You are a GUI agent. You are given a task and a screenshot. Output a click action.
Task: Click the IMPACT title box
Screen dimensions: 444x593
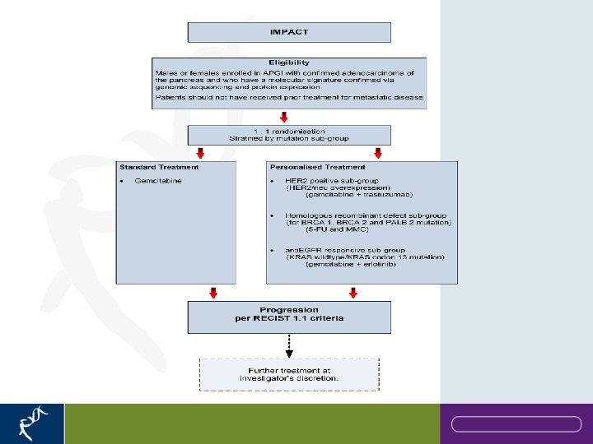pyautogui.click(x=289, y=32)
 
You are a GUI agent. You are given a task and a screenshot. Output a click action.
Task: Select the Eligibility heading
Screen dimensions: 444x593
pyautogui.click(x=289, y=62)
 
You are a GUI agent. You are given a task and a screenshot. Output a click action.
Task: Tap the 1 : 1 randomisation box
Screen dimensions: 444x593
pyautogui.click(x=289, y=136)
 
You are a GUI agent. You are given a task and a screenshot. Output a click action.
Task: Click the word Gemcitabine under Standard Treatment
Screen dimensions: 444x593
pyautogui.click(x=158, y=180)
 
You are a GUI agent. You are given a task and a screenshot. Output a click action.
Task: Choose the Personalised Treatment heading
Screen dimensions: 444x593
pyautogui.click(x=317, y=167)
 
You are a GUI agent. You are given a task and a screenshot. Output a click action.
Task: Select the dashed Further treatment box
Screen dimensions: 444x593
pyautogui.click(x=289, y=374)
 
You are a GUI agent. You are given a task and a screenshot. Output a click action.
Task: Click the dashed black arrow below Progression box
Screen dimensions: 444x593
pyautogui.click(x=289, y=342)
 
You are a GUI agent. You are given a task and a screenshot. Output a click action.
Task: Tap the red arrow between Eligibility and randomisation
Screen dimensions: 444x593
pyautogui.click(x=285, y=117)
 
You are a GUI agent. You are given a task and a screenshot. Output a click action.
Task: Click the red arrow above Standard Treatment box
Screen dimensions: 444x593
pyautogui.click(x=200, y=153)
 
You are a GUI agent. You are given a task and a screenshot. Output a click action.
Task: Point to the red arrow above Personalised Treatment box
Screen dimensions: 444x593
pyautogui.click(x=377, y=153)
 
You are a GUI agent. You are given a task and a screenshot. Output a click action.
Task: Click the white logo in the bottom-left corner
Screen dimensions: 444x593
pyautogui.click(x=30, y=424)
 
